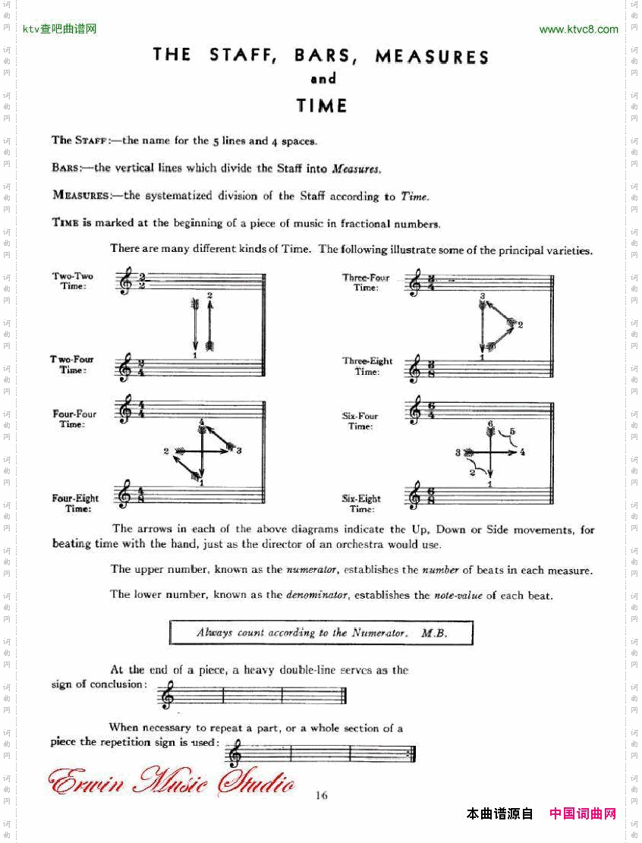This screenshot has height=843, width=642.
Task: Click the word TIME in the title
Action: click(322, 105)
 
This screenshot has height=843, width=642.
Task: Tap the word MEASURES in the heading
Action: click(432, 56)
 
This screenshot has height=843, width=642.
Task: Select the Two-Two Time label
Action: click(73, 281)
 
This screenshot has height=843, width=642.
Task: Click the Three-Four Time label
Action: click(366, 282)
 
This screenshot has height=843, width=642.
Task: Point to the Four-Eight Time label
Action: click(75, 503)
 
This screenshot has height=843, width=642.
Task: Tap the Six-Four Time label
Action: click(360, 421)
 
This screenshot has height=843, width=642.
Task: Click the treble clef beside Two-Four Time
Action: click(124, 367)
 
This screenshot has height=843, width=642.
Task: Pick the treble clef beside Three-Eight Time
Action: click(414, 369)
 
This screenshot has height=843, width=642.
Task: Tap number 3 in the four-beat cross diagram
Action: click(238, 451)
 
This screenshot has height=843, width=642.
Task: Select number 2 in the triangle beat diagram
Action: click(520, 325)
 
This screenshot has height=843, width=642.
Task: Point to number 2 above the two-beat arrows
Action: click(209, 294)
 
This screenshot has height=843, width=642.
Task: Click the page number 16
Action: click(321, 795)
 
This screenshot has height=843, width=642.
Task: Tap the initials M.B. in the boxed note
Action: click(434, 632)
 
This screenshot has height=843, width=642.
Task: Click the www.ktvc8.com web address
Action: click(578, 30)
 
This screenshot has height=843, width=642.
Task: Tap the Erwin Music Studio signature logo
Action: click(171, 782)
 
